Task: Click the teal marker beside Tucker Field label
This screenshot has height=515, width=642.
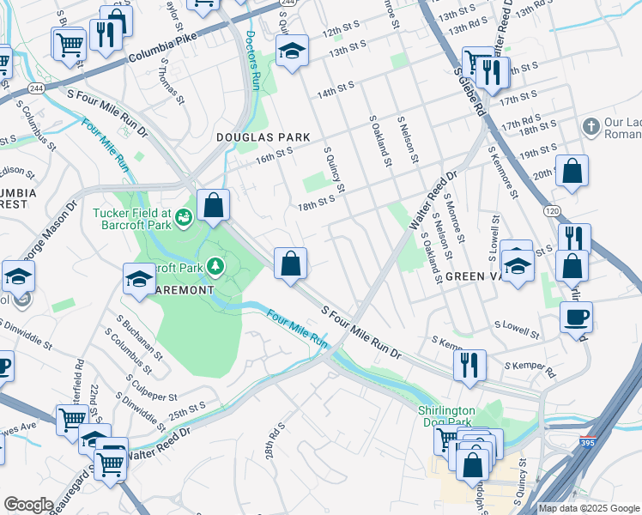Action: pyautogui.click(x=185, y=219)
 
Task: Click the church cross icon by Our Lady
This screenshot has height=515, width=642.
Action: pyautogui.click(x=590, y=128)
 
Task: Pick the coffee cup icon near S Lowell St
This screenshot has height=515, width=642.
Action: pyautogui.click(x=576, y=316)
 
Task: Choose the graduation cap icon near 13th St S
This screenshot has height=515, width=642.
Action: pyautogui.click(x=292, y=52)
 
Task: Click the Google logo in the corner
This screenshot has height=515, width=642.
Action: pyautogui.click(x=28, y=505)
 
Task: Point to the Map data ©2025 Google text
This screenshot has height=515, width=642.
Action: pyautogui.click(x=589, y=508)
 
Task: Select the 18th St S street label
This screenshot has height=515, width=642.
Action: pyautogui.click(x=315, y=204)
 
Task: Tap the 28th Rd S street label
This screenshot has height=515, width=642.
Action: pyautogui.click(x=274, y=441)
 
